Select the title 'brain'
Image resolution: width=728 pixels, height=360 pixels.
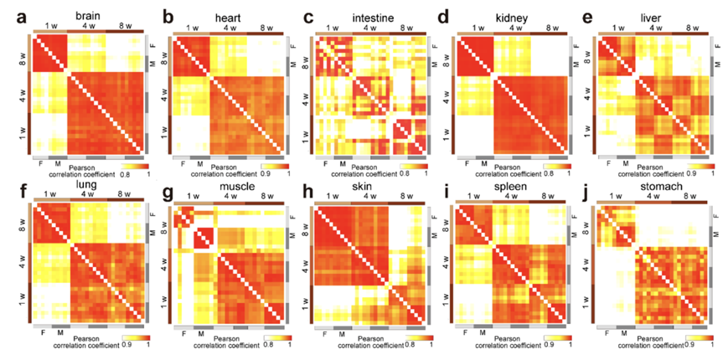pyautogui.click(x=85, y=16)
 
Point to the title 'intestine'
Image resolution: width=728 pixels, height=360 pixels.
pyautogui.click(x=368, y=16)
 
